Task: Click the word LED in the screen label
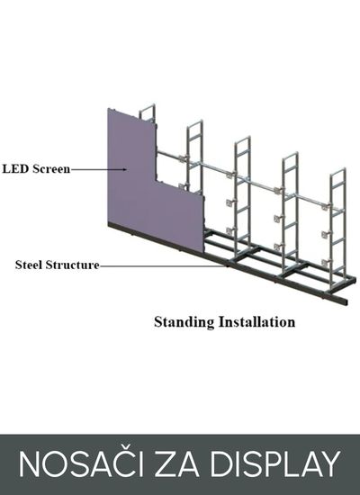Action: click(x=15, y=169)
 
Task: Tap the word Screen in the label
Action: click(x=51, y=169)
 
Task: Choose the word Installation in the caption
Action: click(x=257, y=322)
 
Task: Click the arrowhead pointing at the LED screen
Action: click(x=125, y=169)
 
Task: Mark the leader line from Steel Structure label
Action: click(x=163, y=265)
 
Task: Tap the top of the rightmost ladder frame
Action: click(x=337, y=171)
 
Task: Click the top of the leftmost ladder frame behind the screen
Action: click(x=148, y=106)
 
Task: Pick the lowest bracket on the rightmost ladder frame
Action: click(x=326, y=262)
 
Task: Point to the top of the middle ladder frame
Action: click(x=242, y=139)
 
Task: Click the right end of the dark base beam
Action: click(x=346, y=301)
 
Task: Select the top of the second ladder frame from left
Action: click(x=194, y=122)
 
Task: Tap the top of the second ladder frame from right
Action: click(x=290, y=155)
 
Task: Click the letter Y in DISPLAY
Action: click(x=328, y=464)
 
